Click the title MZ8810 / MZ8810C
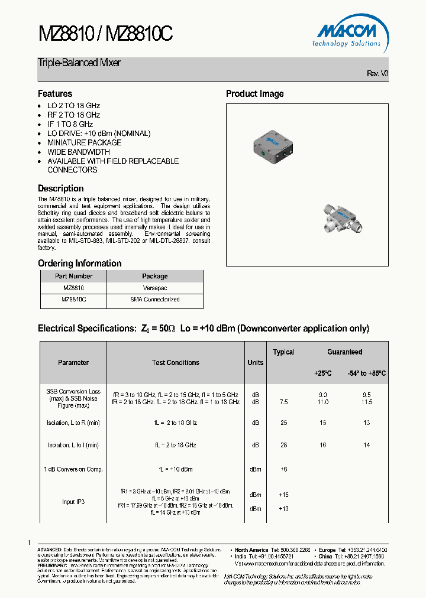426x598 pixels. coord(105,35)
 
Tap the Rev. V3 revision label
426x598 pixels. coord(377,73)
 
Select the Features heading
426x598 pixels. coord(55,93)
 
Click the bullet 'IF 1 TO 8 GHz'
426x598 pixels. coord(70,124)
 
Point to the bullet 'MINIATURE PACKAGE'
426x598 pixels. coord(84,142)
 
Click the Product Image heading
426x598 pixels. coord(254,93)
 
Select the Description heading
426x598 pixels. coord(60,188)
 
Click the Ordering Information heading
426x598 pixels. coord(79,263)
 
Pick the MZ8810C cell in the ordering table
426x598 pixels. coord(73,300)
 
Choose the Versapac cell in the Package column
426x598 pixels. coord(154,288)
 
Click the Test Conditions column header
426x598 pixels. coord(176,363)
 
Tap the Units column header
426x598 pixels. coord(255,363)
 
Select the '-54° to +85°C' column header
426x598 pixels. coord(366,373)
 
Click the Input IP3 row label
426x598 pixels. coord(73,502)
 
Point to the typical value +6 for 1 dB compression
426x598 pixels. coord(283,469)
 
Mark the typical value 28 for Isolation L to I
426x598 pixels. coord(283,445)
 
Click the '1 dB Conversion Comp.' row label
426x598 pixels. coord(73,469)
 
